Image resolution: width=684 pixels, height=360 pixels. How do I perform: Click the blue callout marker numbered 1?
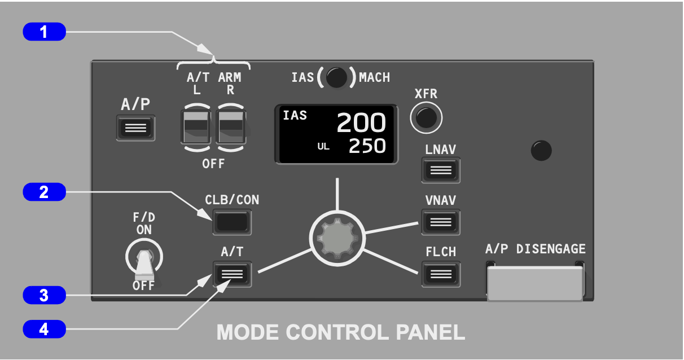[44, 32]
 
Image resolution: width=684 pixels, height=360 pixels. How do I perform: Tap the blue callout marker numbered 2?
[44, 192]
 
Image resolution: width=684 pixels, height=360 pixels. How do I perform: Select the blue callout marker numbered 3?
[44, 295]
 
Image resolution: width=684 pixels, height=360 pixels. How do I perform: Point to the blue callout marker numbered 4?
[44, 328]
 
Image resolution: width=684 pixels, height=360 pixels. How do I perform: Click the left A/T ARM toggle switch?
[195, 127]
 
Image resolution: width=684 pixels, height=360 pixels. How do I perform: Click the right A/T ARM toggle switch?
[232, 127]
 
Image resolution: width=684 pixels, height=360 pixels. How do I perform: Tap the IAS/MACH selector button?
[336, 78]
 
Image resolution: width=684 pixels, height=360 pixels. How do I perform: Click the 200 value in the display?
[361, 123]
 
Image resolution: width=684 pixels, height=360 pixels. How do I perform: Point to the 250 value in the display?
[367, 147]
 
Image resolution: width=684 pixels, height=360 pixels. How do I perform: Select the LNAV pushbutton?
[441, 170]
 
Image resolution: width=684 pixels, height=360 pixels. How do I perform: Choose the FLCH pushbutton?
[441, 274]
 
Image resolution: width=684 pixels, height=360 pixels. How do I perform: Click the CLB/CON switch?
[232, 222]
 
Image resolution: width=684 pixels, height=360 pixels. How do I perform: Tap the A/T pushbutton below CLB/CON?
[232, 274]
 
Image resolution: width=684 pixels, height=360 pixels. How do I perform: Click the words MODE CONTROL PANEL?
[341, 332]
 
